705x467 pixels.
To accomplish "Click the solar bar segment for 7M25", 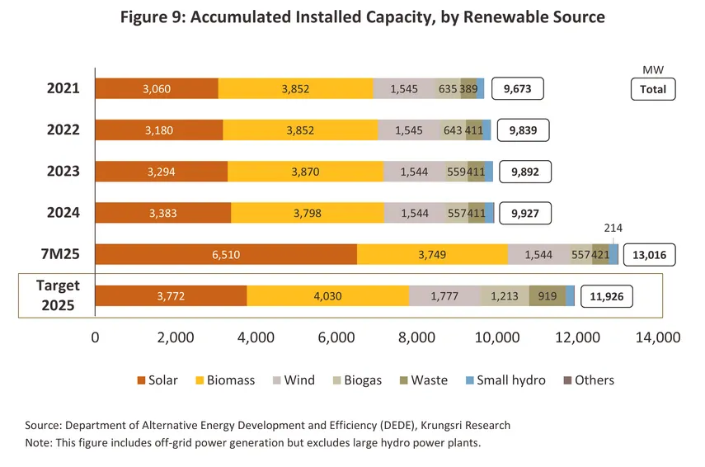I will tap(226, 254).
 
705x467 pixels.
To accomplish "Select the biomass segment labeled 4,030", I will tap(327, 296).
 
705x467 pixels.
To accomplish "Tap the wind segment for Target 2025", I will tap(444, 296).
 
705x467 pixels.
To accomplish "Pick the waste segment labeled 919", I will tap(547, 296).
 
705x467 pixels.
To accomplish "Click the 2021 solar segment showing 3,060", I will tap(157, 88).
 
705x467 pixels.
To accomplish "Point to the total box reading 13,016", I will tap(649, 255).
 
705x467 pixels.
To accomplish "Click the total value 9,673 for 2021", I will tap(518, 88).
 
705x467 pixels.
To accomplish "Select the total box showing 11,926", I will tap(608, 296).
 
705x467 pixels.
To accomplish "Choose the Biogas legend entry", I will tap(356, 380).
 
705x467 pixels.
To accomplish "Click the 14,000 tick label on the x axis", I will tap(657, 337).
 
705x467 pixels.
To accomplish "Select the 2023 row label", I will tap(63, 172).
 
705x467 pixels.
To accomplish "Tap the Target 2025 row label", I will tap(58, 295).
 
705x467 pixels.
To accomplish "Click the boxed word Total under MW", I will tap(653, 89).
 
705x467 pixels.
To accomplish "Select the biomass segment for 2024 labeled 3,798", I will tap(308, 213).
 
